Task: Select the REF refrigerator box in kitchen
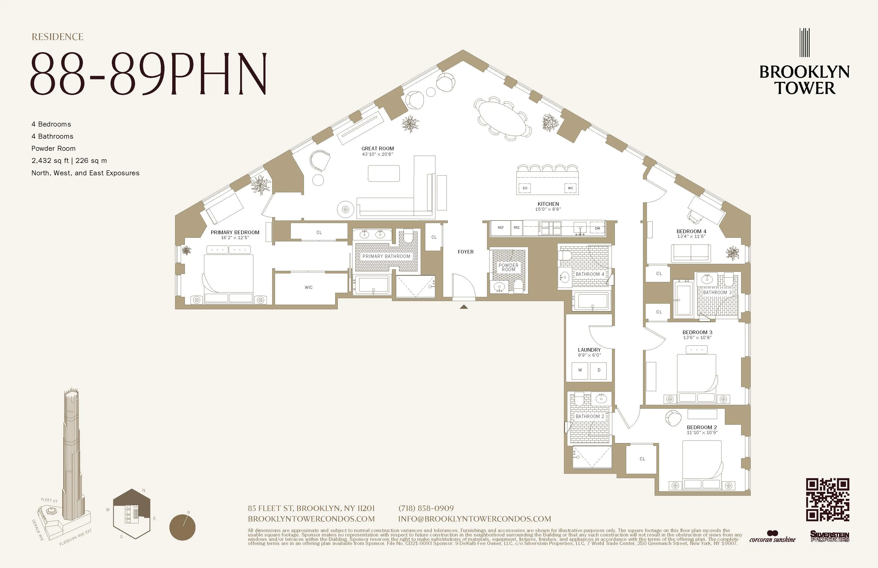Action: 501,228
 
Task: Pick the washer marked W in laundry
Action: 580,370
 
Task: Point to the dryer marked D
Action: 599,370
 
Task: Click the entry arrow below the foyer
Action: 464,306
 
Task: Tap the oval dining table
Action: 502,119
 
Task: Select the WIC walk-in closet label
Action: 308,287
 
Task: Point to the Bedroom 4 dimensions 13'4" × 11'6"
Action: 691,236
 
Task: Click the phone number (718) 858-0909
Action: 426,508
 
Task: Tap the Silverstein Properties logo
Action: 829,536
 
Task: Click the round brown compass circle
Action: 182,527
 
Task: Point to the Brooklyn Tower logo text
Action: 804,80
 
